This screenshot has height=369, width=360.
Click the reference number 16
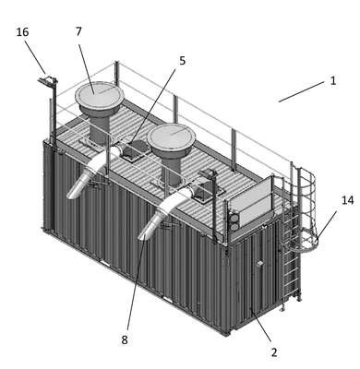[22, 32]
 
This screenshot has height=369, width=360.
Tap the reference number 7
[78, 31]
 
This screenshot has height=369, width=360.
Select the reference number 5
[183, 61]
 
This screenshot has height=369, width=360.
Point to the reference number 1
[333, 81]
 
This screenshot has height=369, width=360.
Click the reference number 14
[348, 200]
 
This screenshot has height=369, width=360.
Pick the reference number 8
[125, 340]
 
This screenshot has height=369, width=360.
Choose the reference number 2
[274, 352]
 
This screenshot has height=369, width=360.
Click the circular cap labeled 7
[100, 95]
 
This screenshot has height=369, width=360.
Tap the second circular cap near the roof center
[171, 137]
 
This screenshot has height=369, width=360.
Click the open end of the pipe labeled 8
[143, 236]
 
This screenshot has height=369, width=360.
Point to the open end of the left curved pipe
[73, 195]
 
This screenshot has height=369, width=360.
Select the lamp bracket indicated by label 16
[48, 81]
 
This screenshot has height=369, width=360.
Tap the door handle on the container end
[260, 264]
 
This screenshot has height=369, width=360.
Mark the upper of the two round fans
[234, 219]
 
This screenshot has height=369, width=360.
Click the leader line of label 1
[302, 91]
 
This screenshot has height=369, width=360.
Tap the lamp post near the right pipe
[214, 207]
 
